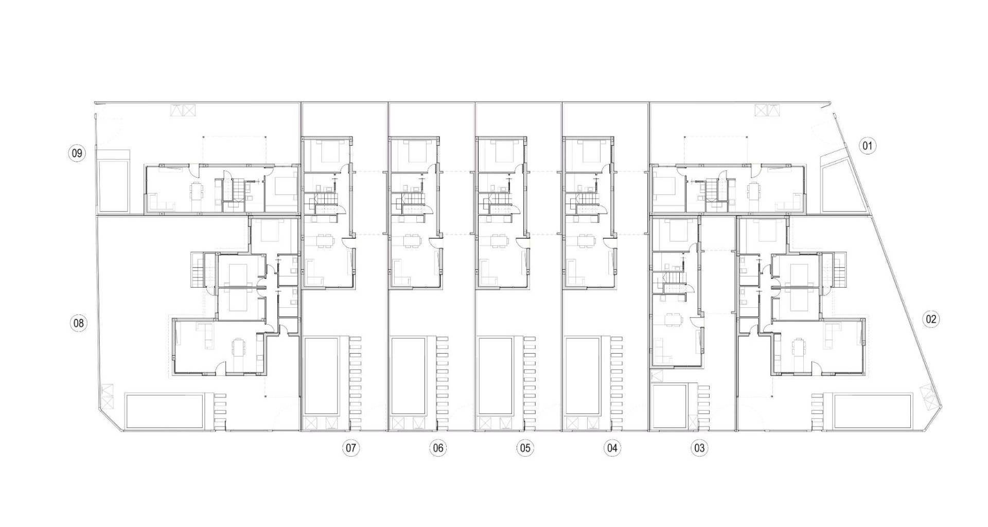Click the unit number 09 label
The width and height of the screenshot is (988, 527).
click(77, 153)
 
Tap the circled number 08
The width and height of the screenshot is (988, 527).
click(78, 323)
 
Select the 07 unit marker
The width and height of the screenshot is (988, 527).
click(351, 448)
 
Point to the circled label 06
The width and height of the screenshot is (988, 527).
click(438, 448)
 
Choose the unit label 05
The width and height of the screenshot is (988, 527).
click(525, 448)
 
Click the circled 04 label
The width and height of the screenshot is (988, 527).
click(612, 448)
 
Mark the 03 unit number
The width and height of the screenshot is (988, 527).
click(699, 448)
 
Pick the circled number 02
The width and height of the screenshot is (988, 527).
click(931, 319)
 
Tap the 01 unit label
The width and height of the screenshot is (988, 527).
click(868, 146)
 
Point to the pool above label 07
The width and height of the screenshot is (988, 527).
click(322, 376)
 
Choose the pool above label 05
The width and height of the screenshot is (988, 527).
click(496, 376)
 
